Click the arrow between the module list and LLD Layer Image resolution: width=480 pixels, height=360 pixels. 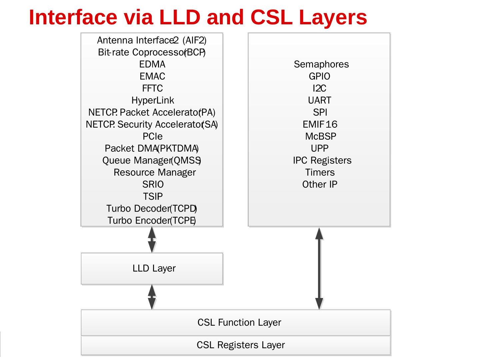pos(152,240)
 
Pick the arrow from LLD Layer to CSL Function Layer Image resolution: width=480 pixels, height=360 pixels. pos(152,297)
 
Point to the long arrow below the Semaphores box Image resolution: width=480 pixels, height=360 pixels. pos(319,268)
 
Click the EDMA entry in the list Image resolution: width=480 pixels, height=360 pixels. pos(152,64)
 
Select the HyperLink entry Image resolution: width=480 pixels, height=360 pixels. pos(153,100)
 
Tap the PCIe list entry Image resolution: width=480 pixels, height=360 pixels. pos(153,136)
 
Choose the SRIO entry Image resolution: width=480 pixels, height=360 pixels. pos(153,184)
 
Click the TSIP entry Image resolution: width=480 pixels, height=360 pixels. pos(153,196)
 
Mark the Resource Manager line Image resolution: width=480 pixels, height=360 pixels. pos(155,172)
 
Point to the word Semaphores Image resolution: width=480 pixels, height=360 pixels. pos(321,64)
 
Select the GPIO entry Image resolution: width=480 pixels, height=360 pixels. pos(319,76)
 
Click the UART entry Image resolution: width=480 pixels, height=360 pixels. pos(320,100)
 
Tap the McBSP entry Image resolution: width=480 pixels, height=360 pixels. pos(321,136)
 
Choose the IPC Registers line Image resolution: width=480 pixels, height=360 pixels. pos(322,160)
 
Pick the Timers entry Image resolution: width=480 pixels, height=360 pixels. pos(320,172)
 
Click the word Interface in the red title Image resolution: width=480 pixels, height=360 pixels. pos(73,17)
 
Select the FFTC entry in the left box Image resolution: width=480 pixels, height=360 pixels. pos(152,88)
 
